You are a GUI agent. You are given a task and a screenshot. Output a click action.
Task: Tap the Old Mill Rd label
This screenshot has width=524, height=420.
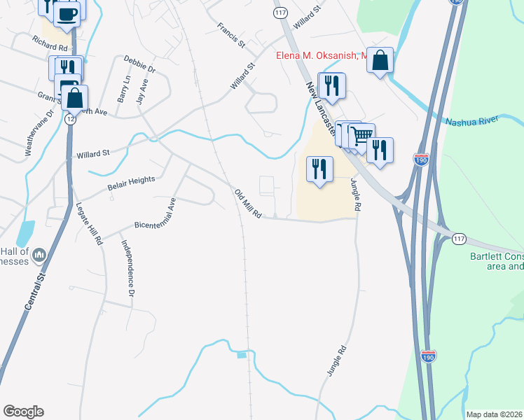[x=247, y=204]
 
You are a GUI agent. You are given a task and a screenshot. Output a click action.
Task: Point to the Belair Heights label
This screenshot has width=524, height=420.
[x=131, y=183]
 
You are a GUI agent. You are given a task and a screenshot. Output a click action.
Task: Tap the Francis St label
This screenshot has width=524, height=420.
[x=230, y=34]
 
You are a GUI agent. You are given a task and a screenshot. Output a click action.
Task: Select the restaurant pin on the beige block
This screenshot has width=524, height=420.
[x=319, y=169]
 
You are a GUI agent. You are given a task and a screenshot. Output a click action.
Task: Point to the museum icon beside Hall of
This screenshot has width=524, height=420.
[x=39, y=254]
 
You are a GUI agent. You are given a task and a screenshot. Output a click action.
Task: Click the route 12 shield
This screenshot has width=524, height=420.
[x=70, y=120]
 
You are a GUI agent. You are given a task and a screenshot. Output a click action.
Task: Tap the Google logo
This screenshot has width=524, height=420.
[x=23, y=412]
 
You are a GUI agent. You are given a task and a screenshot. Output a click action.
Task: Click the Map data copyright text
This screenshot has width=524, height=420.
[x=494, y=414]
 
